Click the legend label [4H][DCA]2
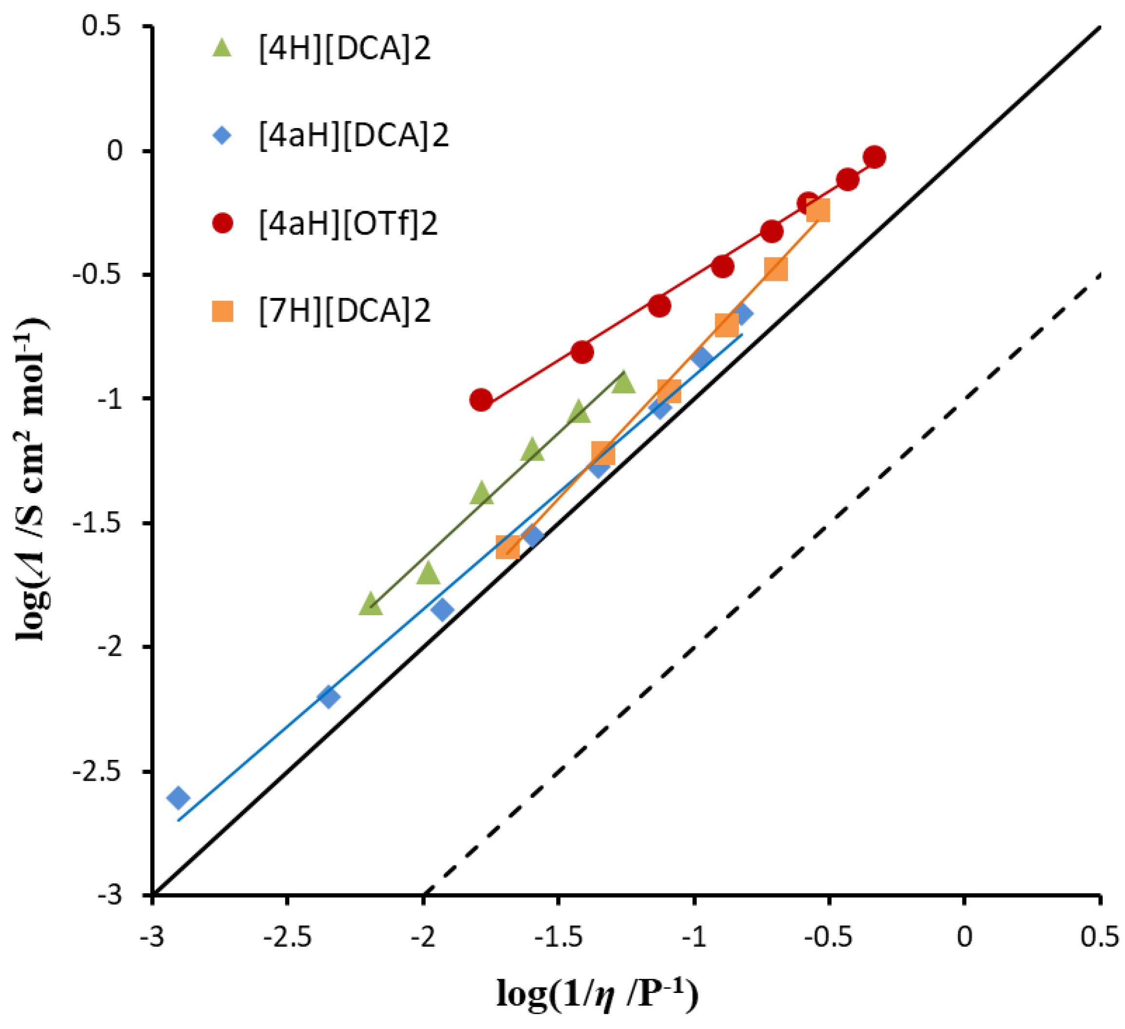pyautogui.click(x=344, y=49)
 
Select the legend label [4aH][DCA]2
pyautogui.click(x=353, y=135)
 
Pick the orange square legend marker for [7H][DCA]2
pyautogui.click(x=223, y=311)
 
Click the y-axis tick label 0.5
pyautogui.click(x=102, y=26)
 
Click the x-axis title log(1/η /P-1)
pyautogui.click(x=597, y=993)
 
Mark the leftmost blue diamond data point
pyautogui.click(x=179, y=797)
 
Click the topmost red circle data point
pyautogui.click(x=875, y=157)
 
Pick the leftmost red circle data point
pyautogui.click(x=481, y=400)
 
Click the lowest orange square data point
pyautogui.click(x=508, y=548)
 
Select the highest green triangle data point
pyautogui.click(x=623, y=383)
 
